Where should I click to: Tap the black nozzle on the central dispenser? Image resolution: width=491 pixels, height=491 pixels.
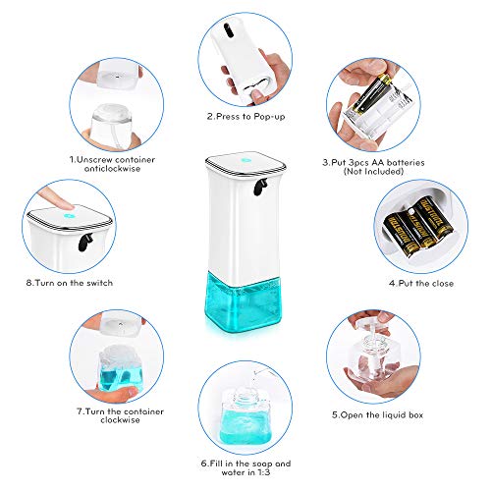click(x=261, y=184)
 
